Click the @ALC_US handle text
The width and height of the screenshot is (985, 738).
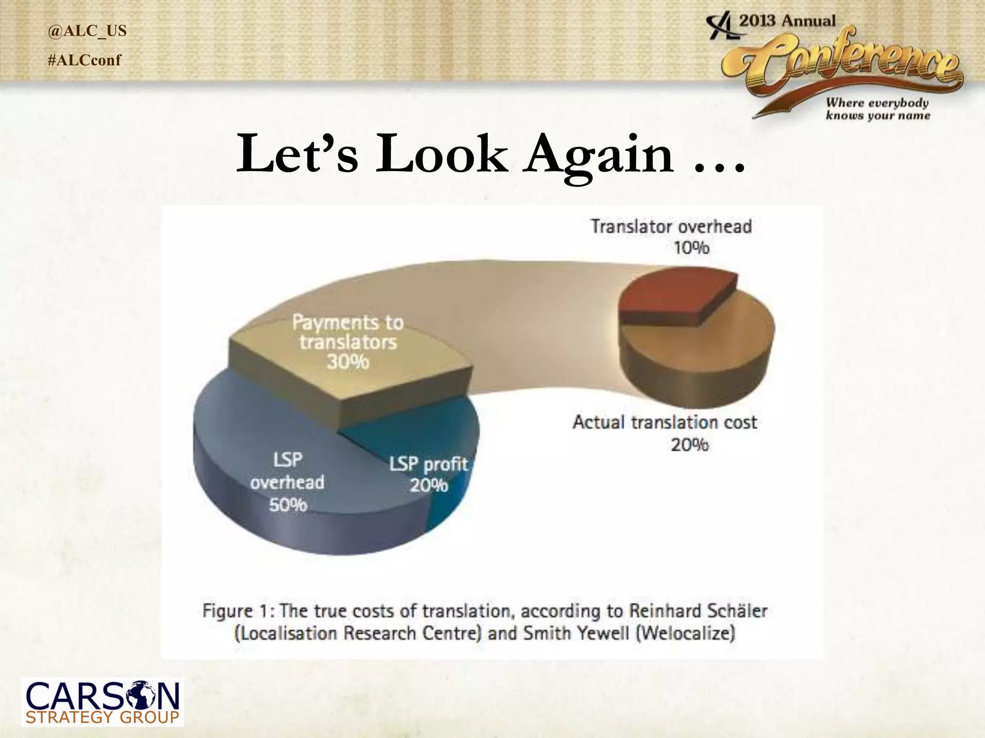pyautogui.click(x=87, y=31)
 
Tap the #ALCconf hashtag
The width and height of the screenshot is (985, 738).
pyautogui.click(x=85, y=60)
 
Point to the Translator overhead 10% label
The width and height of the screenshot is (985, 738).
pyautogui.click(x=671, y=236)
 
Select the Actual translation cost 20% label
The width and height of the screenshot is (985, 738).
pyautogui.click(x=665, y=432)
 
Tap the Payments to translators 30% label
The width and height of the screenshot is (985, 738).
pyautogui.click(x=348, y=342)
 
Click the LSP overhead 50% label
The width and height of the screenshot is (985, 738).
pyautogui.click(x=287, y=482)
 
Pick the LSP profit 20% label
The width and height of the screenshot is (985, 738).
pyautogui.click(x=428, y=474)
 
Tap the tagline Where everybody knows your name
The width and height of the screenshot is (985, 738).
pyautogui.click(x=878, y=109)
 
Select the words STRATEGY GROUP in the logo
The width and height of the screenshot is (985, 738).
pyautogui.click(x=102, y=718)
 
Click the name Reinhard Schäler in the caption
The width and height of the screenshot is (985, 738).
pyautogui.click(x=698, y=611)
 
